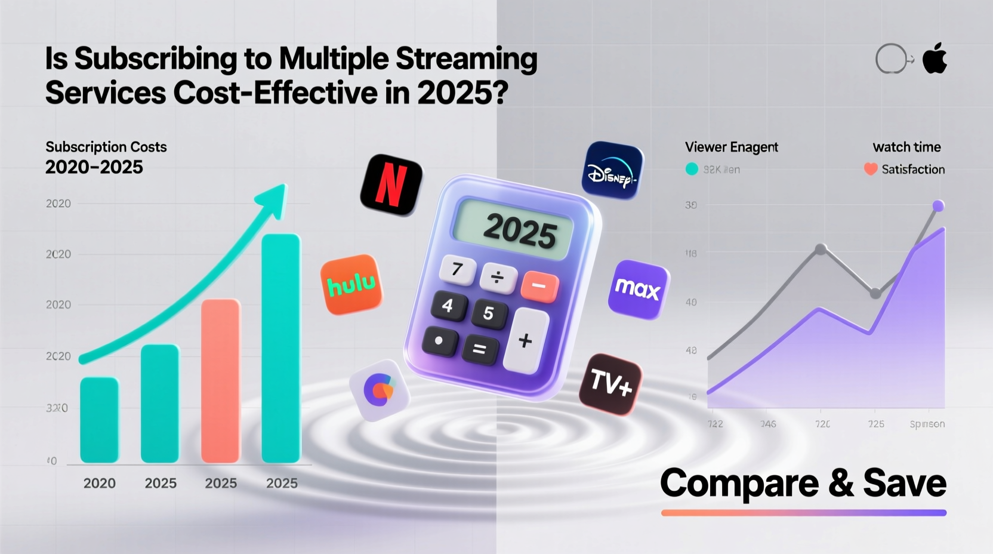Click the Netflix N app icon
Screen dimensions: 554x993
point(391,185)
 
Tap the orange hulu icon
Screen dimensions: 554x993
point(351,285)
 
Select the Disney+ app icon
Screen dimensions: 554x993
point(612,171)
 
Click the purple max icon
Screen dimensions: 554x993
point(638,290)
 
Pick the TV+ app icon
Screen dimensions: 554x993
point(610,383)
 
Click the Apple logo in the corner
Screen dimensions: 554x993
point(935,59)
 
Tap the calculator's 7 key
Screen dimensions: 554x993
point(457,270)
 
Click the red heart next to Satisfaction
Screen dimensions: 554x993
point(870,170)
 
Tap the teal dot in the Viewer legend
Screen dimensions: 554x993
point(692,170)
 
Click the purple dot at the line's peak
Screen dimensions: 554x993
point(938,206)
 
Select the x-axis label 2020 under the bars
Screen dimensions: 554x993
point(100,483)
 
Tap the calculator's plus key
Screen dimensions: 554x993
point(525,340)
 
